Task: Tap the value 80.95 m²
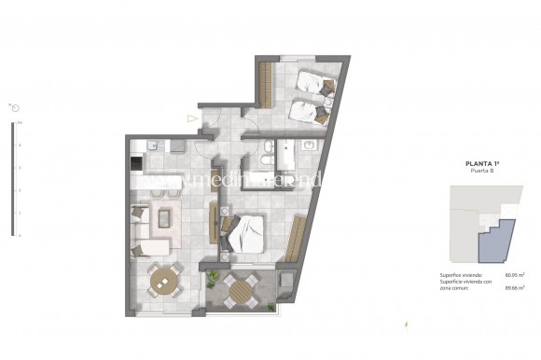(510, 274)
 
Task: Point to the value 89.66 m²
(510, 287)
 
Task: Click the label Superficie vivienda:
(460, 274)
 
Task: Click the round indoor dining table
(165, 278)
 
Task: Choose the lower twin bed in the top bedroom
(307, 110)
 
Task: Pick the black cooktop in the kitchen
(137, 163)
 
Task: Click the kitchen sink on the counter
(155, 145)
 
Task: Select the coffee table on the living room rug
(164, 219)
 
